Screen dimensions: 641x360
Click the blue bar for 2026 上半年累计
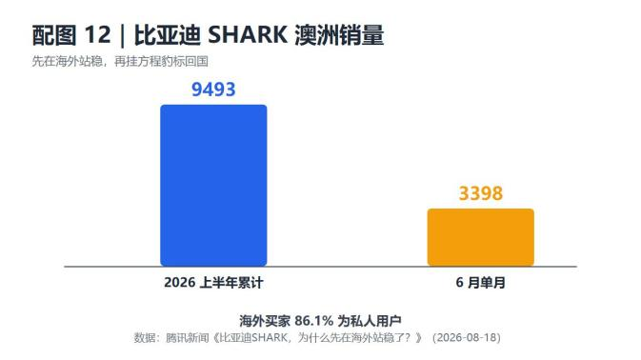coord(213,186)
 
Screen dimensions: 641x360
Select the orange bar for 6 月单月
coord(481,237)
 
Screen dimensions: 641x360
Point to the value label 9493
coord(213,90)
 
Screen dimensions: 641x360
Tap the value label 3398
coord(481,193)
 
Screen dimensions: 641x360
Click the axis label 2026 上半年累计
coord(213,282)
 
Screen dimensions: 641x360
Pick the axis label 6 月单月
coord(481,282)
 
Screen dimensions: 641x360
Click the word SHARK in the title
coord(248,34)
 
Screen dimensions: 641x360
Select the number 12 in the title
coord(97,34)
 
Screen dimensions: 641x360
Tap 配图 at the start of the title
coord(54,35)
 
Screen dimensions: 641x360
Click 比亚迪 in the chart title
coord(168,35)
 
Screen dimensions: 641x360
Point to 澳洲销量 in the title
coord(339,35)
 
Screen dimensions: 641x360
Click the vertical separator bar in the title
coord(122,36)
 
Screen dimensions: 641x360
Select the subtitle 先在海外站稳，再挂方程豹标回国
coord(120,61)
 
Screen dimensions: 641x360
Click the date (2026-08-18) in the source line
coord(467,337)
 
